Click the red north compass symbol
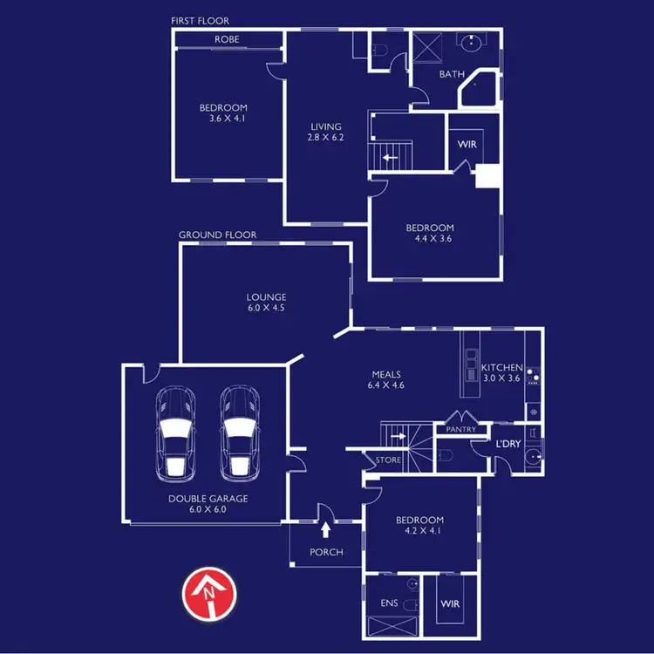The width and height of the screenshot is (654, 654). (208, 595)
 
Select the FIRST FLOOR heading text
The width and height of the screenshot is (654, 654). (200, 19)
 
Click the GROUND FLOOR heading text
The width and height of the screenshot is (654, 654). (217, 235)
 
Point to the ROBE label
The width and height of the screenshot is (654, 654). (227, 39)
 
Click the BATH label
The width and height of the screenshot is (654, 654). (451, 74)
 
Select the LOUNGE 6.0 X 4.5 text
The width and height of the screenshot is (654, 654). (266, 303)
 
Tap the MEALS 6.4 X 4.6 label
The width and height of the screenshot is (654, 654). (385, 379)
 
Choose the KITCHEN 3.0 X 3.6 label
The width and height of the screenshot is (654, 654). (501, 373)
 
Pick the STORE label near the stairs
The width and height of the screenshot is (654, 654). (388, 460)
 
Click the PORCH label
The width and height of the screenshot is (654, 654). (326, 552)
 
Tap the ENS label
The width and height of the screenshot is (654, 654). (390, 603)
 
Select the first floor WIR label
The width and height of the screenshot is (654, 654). (467, 143)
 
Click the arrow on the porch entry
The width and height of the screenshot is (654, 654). (326, 528)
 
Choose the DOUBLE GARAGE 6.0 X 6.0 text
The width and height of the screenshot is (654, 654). (209, 504)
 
